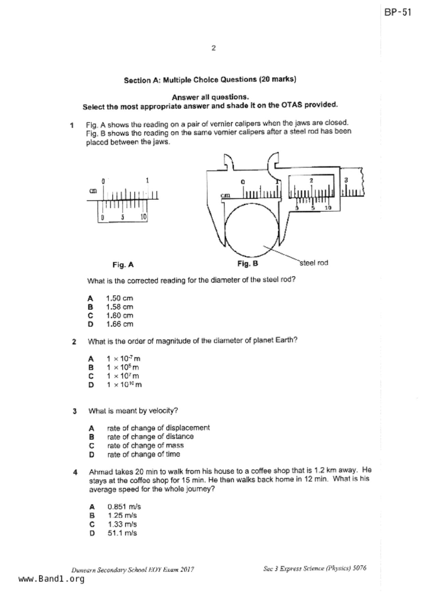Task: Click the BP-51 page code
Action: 398,13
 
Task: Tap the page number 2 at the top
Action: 214,48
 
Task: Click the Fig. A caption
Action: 123,265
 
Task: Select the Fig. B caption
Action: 248,264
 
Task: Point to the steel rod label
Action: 314,263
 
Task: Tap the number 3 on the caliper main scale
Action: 346,180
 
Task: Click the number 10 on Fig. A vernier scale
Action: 143,217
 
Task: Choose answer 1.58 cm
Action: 119,307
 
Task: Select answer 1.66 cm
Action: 119,324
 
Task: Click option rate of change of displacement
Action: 158,428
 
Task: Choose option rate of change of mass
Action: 145,446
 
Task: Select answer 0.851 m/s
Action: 124,507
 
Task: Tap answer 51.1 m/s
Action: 122,533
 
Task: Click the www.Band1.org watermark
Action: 52,579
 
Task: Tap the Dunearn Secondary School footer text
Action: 132,570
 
